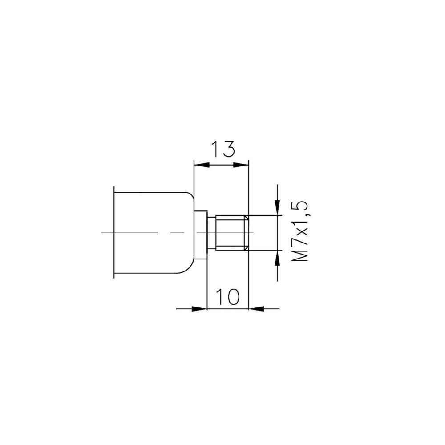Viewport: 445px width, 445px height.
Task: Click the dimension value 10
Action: [227, 297]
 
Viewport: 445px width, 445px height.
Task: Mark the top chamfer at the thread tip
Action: [246, 218]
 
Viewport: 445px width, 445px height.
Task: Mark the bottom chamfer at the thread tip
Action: [246, 248]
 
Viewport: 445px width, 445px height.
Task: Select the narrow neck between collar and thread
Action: [211, 233]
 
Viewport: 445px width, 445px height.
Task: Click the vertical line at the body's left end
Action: [114, 233]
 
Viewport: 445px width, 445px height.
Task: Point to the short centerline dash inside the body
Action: [177, 233]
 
